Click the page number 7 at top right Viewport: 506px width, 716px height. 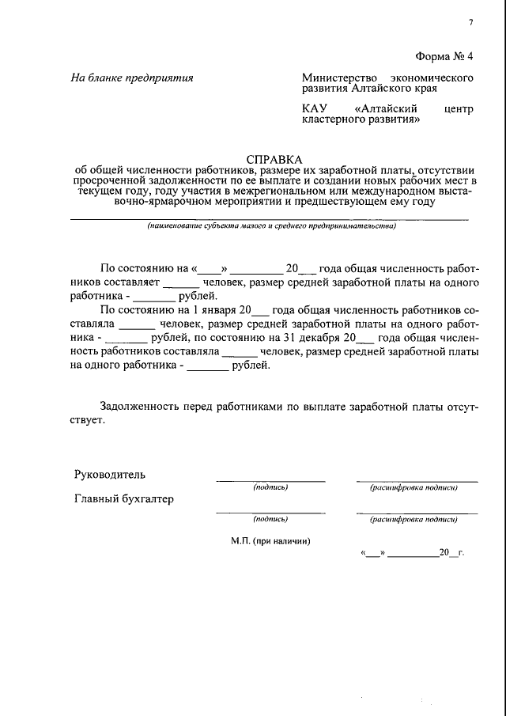[470, 22]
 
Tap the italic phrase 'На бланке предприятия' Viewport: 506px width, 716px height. [132, 78]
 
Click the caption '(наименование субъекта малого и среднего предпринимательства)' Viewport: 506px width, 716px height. [271, 226]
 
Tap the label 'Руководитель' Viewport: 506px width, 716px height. [110, 475]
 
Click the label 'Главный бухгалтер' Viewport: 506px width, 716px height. [124, 499]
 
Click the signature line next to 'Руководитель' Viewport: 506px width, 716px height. [270, 480]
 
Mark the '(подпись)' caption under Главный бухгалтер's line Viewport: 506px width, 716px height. [270, 520]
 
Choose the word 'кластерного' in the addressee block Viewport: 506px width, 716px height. [334, 121]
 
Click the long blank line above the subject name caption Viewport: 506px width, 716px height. [271, 218]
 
